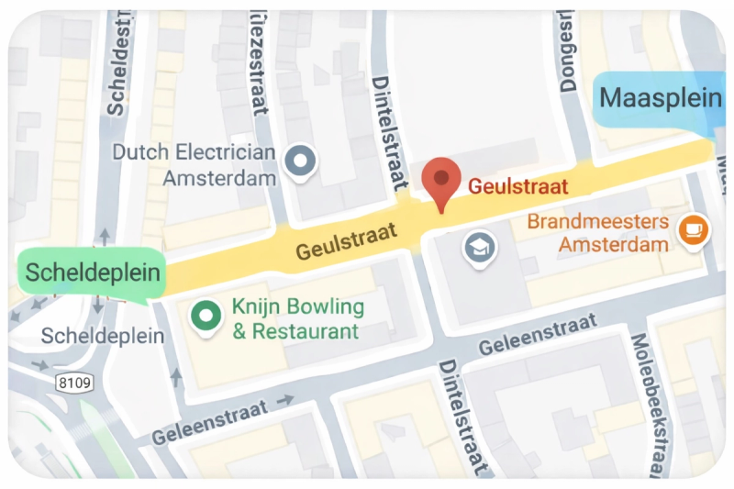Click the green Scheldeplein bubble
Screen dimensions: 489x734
[92, 272]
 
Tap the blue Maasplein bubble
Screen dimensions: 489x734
[660, 97]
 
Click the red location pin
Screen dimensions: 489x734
[442, 182]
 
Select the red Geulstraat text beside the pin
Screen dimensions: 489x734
[518, 186]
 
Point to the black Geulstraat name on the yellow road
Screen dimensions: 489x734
[347, 240]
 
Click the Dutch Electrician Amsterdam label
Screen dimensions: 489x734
[194, 165]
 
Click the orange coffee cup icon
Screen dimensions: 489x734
[693, 229]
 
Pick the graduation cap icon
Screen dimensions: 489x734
[479, 247]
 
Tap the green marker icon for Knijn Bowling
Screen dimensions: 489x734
[206, 317]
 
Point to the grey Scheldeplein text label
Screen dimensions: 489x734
[103, 336]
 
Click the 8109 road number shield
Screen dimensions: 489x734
[73, 382]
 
